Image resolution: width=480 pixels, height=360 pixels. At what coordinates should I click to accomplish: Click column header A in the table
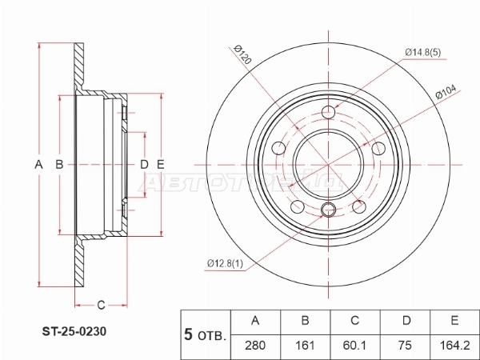(x=256, y=322)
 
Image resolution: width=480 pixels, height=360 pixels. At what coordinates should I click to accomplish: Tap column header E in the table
(x=454, y=322)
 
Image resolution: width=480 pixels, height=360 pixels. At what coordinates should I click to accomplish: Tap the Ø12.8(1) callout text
(x=225, y=262)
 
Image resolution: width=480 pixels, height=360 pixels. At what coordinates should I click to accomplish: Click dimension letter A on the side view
(x=38, y=165)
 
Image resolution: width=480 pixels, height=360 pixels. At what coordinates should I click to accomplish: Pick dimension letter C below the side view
(x=102, y=304)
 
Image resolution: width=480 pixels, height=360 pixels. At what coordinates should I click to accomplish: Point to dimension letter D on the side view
(x=144, y=165)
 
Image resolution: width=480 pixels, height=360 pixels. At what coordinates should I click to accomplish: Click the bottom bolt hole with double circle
(x=326, y=210)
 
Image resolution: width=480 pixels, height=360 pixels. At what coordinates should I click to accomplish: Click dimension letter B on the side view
(x=58, y=165)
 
